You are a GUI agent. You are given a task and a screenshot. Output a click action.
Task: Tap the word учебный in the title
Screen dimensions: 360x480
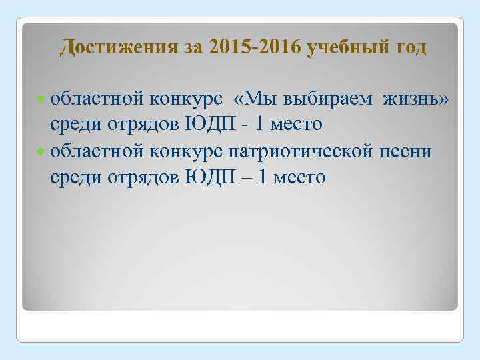click(347, 49)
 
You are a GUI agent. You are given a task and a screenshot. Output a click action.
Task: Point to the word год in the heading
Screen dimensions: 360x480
click(409, 49)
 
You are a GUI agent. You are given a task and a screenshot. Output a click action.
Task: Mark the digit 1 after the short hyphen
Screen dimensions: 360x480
click(261, 125)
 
